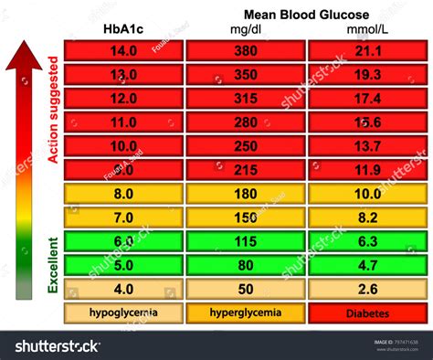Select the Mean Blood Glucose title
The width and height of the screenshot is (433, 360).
click(305, 14)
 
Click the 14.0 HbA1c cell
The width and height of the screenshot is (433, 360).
click(122, 52)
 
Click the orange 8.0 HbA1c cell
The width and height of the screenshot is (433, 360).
click(122, 194)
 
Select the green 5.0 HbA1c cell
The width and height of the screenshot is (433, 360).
click(122, 265)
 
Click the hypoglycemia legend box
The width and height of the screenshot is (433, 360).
click(122, 312)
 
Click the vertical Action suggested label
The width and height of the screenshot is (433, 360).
click(53, 110)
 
